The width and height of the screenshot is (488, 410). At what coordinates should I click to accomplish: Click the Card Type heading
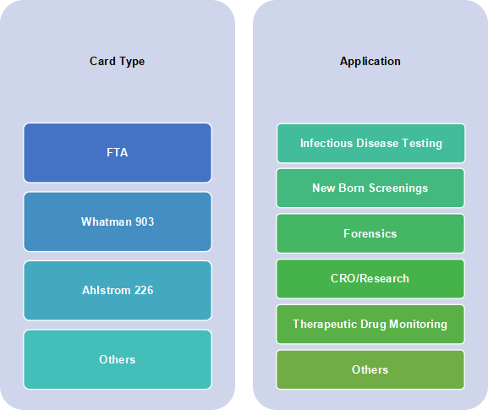coord(117,61)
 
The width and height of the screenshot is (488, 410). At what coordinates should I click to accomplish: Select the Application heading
coord(370,61)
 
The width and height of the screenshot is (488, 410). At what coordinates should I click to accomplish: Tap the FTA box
coord(118,153)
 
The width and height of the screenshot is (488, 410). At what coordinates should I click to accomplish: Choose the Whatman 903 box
coord(118,221)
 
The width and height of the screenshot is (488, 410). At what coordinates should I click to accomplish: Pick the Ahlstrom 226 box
coord(118,290)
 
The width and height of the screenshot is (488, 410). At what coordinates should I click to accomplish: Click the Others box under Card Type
coord(118,359)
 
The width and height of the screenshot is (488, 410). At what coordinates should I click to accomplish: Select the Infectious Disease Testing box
coord(371,143)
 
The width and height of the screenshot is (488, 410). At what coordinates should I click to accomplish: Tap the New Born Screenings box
coord(370,188)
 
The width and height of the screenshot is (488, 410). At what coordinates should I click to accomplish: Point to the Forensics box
coord(370,233)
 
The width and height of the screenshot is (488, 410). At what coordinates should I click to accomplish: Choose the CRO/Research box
coord(370,279)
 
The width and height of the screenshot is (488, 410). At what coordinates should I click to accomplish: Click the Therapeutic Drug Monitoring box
coord(370,324)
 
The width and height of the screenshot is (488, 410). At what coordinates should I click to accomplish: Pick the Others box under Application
coord(370,369)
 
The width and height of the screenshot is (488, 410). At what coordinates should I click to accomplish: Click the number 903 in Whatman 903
coord(145,221)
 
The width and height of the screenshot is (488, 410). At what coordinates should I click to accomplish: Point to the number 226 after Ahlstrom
coord(144,290)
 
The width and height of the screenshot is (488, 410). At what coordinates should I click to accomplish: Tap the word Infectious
coord(326,143)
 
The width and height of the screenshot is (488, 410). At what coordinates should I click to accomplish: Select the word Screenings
coord(398,189)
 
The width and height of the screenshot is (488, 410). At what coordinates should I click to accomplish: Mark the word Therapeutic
coord(325,324)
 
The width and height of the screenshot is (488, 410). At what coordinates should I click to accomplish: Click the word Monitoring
coord(419,324)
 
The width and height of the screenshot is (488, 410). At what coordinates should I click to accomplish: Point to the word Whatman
coord(107,221)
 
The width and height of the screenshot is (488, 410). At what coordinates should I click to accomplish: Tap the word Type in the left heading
coord(132,62)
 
